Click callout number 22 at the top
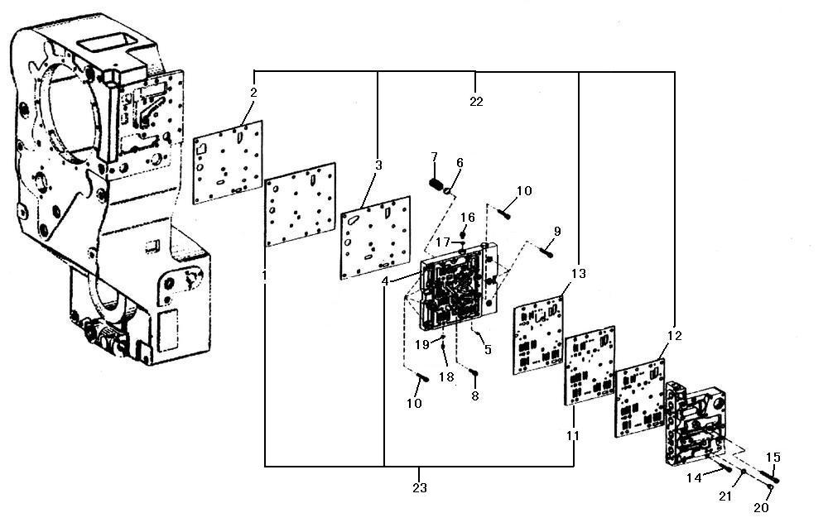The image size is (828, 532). (476, 101)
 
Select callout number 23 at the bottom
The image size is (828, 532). (419, 488)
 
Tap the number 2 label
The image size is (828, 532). (253, 93)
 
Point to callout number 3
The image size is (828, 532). (378, 165)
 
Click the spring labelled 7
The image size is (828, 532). (436, 185)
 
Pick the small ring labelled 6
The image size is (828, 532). (449, 191)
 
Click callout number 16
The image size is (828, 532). (467, 218)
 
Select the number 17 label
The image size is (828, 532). (442, 242)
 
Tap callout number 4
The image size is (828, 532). (386, 281)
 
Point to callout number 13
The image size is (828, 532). (578, 273)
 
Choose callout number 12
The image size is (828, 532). (674, 336)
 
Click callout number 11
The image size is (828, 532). (572, 435)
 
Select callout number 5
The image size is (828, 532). (488, 349)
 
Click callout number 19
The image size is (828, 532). (422, 345)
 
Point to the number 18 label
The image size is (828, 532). (446, 376)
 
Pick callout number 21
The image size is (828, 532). (725, 496)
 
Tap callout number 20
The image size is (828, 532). (761, 508)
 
